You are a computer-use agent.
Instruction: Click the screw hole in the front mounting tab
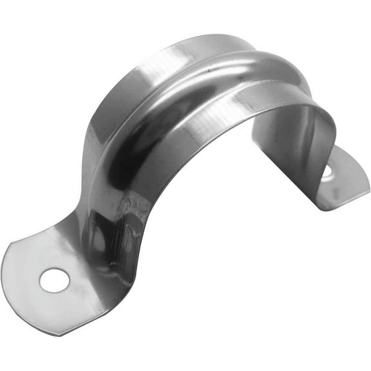pyautogui.click(x=53, y=279)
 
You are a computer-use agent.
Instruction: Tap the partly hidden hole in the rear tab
pyautogui.click(x=327, y=171)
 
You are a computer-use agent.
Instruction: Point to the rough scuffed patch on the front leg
pyautogui.click(x=132, y=213)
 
